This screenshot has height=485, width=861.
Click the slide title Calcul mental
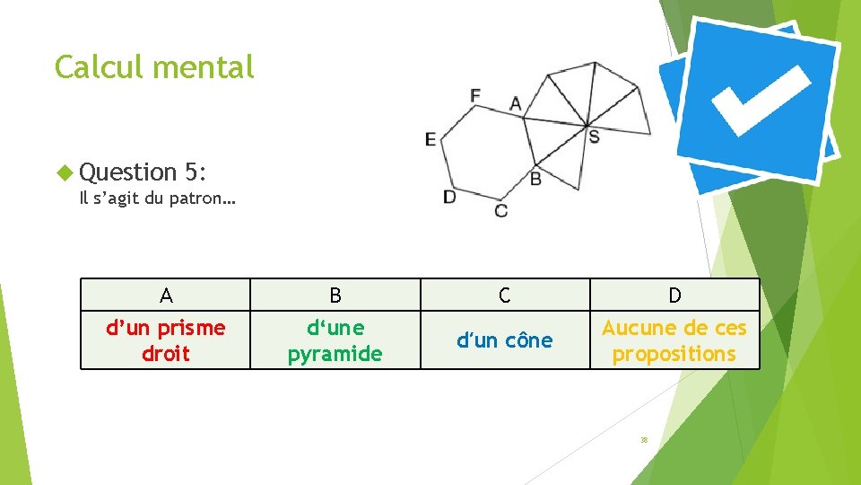tap(154, 66)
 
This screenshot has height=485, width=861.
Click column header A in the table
tap(166, 295)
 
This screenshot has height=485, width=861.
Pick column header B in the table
tap(335, 295)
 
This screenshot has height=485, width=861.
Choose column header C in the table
tap(505, 295)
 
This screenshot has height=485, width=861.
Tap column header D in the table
tap(674, 295)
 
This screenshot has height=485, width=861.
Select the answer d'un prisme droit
tap(166, 340)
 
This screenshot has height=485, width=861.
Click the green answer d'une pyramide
tap(335, 340)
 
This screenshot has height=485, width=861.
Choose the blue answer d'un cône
tap(505, 340)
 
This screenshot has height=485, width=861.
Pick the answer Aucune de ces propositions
tap(674, 340)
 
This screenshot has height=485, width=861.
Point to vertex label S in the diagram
tap(594, 137)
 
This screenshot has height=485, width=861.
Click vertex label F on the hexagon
tap(475, 94)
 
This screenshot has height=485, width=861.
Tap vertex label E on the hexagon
tap(430, 139)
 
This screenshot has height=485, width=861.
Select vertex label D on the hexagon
tap(449, 196)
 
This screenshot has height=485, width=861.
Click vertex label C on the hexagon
tap(500, 210)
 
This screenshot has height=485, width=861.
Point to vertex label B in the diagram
tap(535, 179)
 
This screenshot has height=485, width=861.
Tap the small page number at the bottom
tap(644, 440)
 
